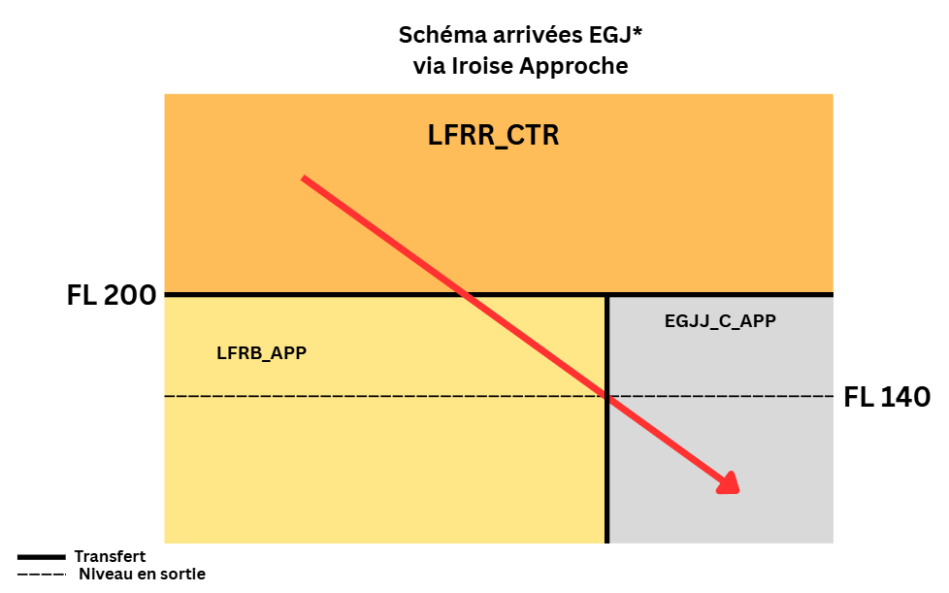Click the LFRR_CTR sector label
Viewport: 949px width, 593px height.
click(x=493, y=136)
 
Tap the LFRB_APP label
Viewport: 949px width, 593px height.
click(x=261, y=353)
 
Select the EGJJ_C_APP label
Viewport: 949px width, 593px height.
click(x=719, y=320)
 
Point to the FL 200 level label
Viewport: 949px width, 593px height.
click(x=112, y=295)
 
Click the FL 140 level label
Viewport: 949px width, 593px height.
click(x=887, y=397)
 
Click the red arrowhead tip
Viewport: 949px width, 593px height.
click(x=738, y=491)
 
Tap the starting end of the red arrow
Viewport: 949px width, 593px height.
click(x=304, y=179)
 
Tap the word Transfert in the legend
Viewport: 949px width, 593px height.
click(x=110, y=556)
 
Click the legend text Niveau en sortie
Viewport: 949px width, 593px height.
click(x=142, y=574)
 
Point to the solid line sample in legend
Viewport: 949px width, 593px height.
click(x=43, y=557)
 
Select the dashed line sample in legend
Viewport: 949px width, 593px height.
click(x=43, y=575)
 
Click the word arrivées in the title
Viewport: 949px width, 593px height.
click(x=527, y=36)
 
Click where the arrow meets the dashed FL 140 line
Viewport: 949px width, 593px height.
click(x=607, y=395)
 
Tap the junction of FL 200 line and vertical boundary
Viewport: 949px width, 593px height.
click(x=607, y=295)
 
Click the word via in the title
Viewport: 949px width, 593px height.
click(x=428, y=67)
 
